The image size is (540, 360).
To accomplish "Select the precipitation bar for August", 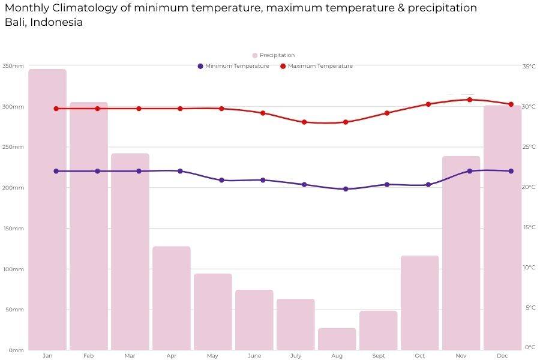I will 337,339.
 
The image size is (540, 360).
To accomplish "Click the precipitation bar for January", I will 47,210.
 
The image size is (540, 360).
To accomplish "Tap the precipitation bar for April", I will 172,298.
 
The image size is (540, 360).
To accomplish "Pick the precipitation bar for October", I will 420,303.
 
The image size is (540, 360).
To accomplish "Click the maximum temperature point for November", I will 470,100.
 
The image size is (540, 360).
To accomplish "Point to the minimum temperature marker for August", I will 346,189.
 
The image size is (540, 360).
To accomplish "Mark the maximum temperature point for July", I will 304,122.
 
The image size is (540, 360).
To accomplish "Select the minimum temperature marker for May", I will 221,180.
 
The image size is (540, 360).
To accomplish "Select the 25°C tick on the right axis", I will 529,147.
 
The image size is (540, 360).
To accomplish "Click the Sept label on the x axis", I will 379,356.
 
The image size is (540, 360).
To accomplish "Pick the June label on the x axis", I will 254,356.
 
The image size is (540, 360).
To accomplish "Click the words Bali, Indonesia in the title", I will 44,23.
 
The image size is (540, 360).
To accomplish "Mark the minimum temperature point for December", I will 511,171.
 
